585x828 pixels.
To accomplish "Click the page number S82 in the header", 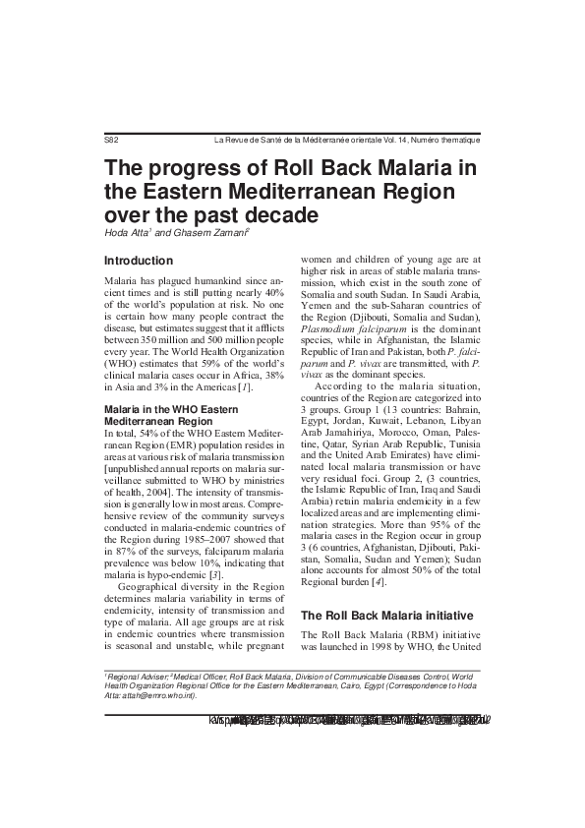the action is coord(111,141).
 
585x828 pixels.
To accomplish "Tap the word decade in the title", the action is coord(276,213).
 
